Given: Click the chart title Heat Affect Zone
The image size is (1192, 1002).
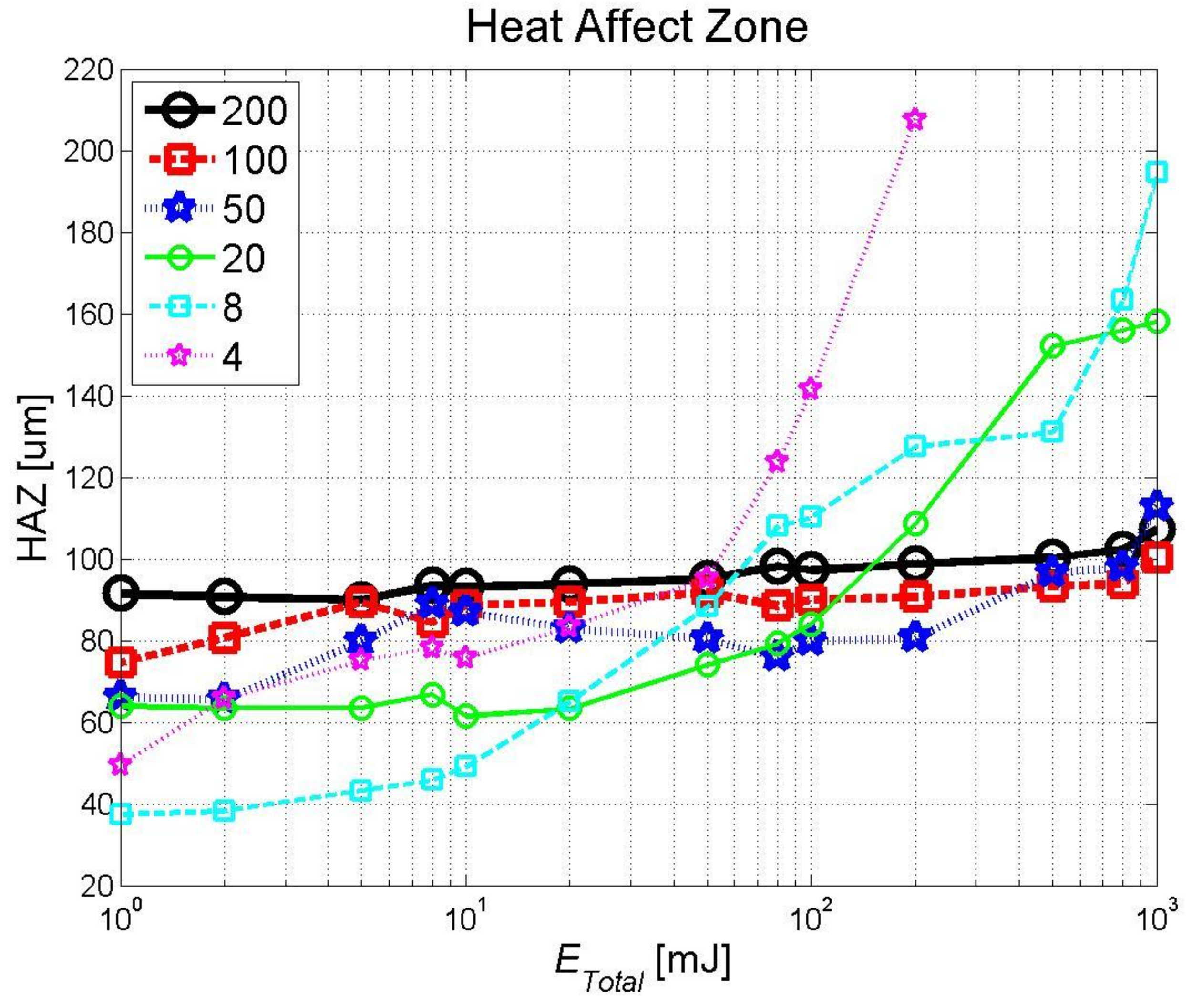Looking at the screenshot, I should pyautogui.click(x=637, y=27).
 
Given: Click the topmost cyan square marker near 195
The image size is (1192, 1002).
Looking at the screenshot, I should pyautogui.click(x=1157, y=172).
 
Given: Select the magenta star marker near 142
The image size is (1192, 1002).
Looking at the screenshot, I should pyautogui.click(x=810, y=388).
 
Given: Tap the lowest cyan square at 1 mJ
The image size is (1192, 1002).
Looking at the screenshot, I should pyautogui.click(x=121, y=814).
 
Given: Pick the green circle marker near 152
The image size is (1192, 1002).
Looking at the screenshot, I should pyautogui.click(x=1052, y=346).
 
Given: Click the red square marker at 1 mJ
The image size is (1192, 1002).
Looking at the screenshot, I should pyautogui.click(x=123, y=662).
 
